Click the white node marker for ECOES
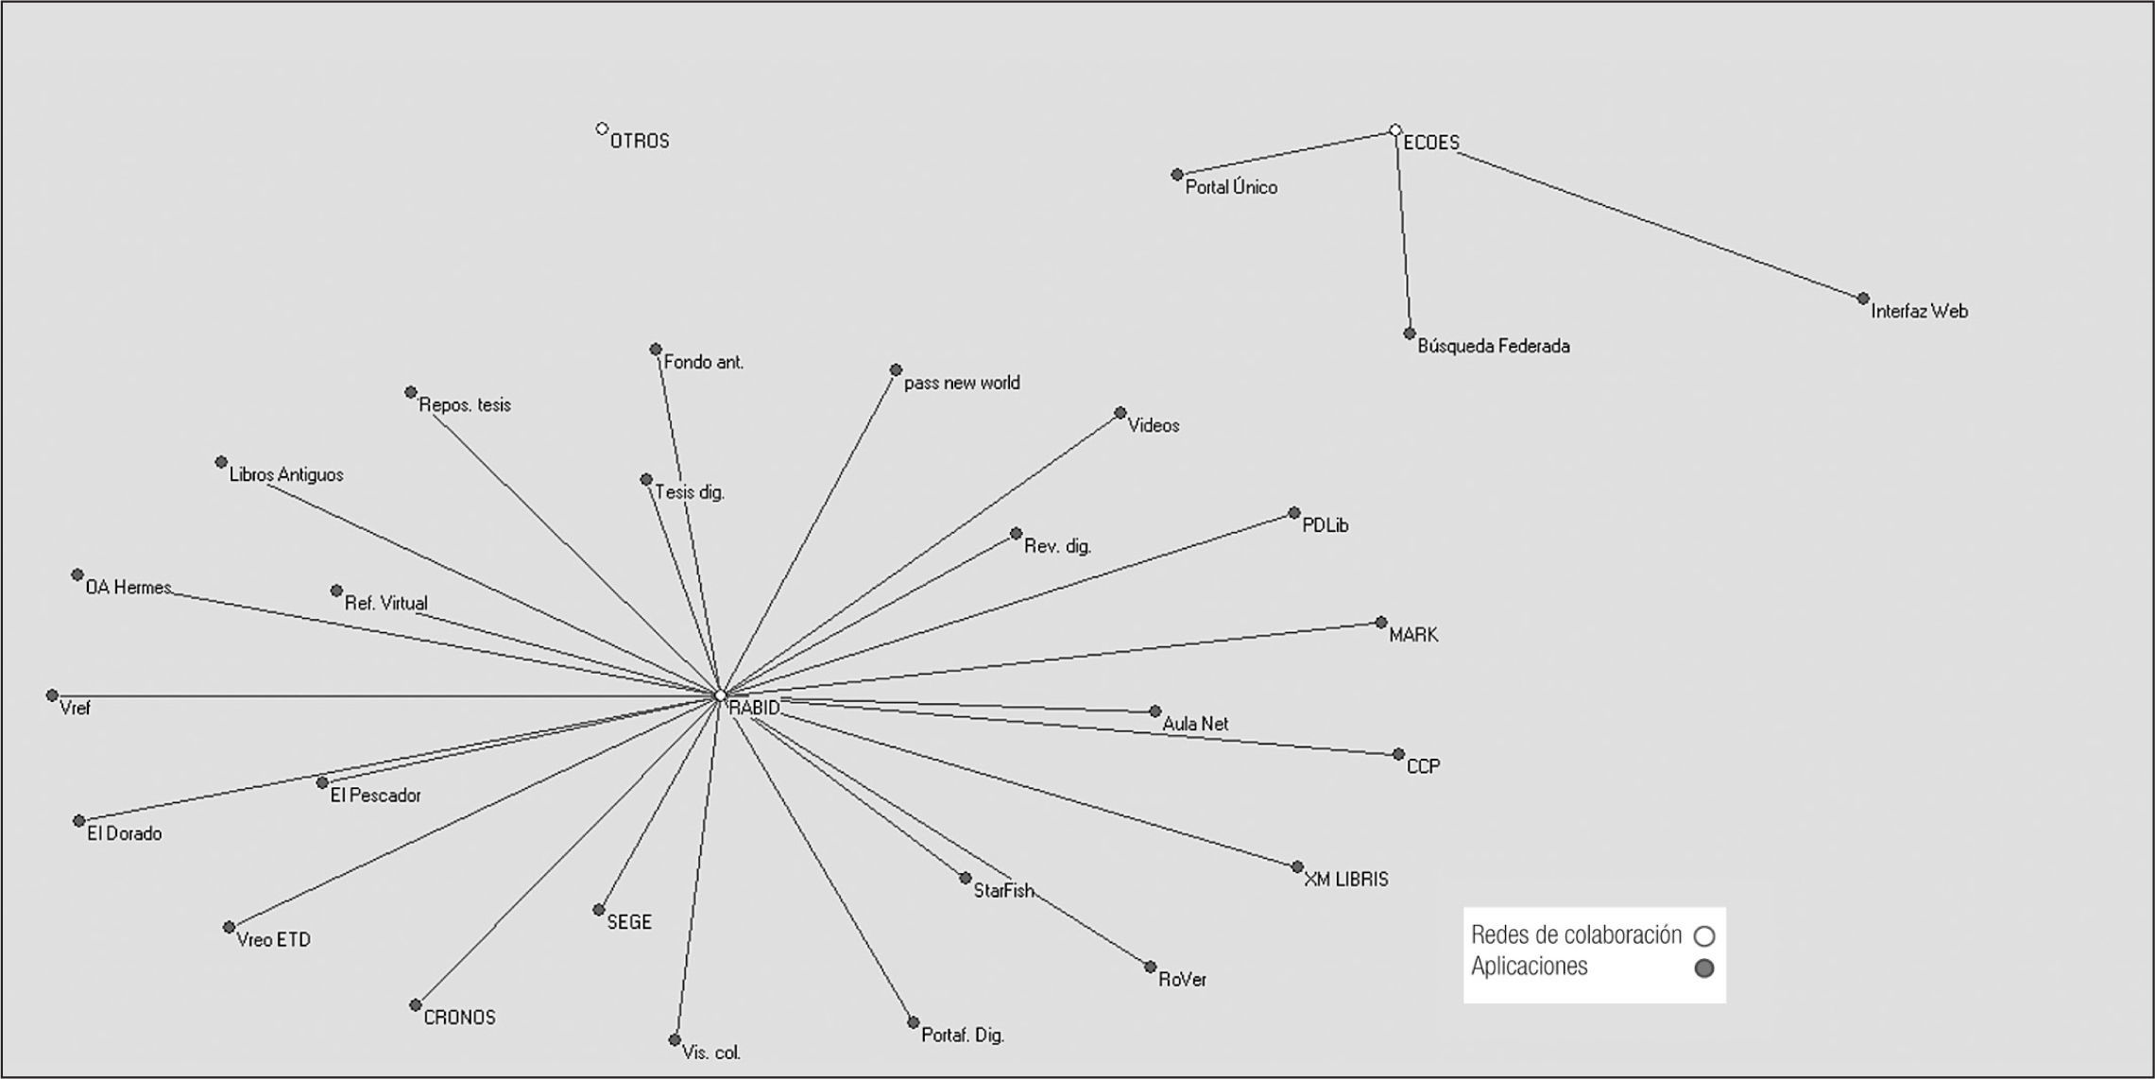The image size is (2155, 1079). pos(1395,130)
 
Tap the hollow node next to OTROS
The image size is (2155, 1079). pos(602,128)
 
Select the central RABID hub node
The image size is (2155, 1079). pos(720,695)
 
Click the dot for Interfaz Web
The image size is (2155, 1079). pos(1863,299)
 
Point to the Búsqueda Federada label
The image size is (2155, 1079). pos(1494,347)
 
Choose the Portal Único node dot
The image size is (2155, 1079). pos(1177,175)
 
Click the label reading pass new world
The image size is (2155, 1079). pos(962,384)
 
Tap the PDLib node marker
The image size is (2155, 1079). pos(1294,513)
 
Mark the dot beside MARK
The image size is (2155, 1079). pos(1381,623)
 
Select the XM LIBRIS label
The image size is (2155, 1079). pos(1346,880)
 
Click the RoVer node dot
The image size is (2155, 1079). pos(1150,967)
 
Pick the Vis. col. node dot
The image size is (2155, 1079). pos(675,1040)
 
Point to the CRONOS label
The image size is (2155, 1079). pos(459,1018)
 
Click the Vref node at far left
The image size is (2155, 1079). pos(52,695)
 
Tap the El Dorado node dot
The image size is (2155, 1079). pos(78,821)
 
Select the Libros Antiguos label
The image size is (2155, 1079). pos(286,475)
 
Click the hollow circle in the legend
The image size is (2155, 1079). pos(1704,936)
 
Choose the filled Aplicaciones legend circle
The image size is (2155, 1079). pos(1704,968)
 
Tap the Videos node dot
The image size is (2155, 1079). pos(1120,413)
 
